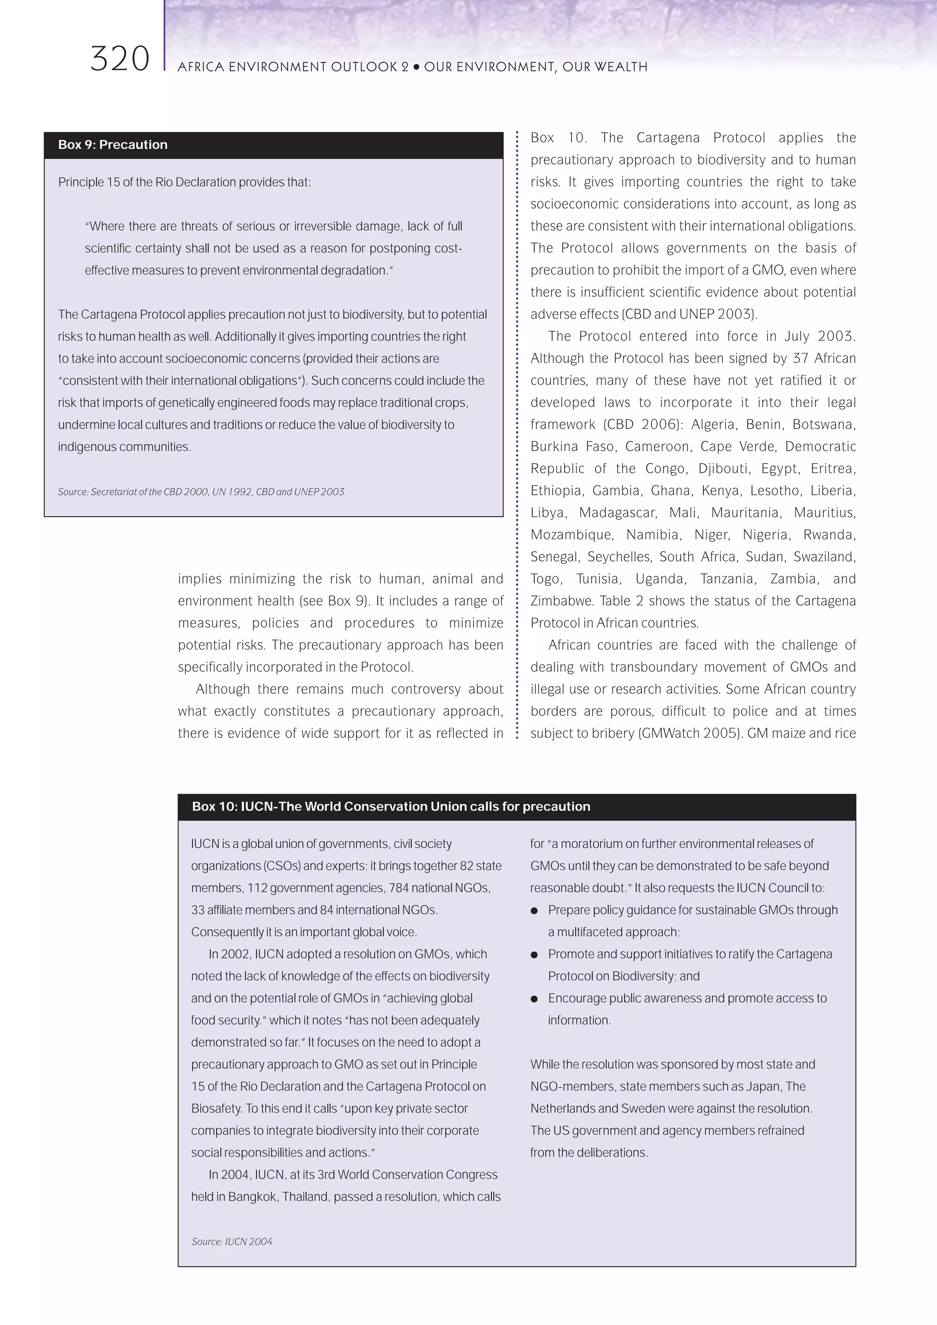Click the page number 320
120,59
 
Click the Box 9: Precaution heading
113,145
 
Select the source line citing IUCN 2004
232,1241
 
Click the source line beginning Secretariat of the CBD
201,492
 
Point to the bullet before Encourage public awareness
534,999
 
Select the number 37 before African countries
800,358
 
